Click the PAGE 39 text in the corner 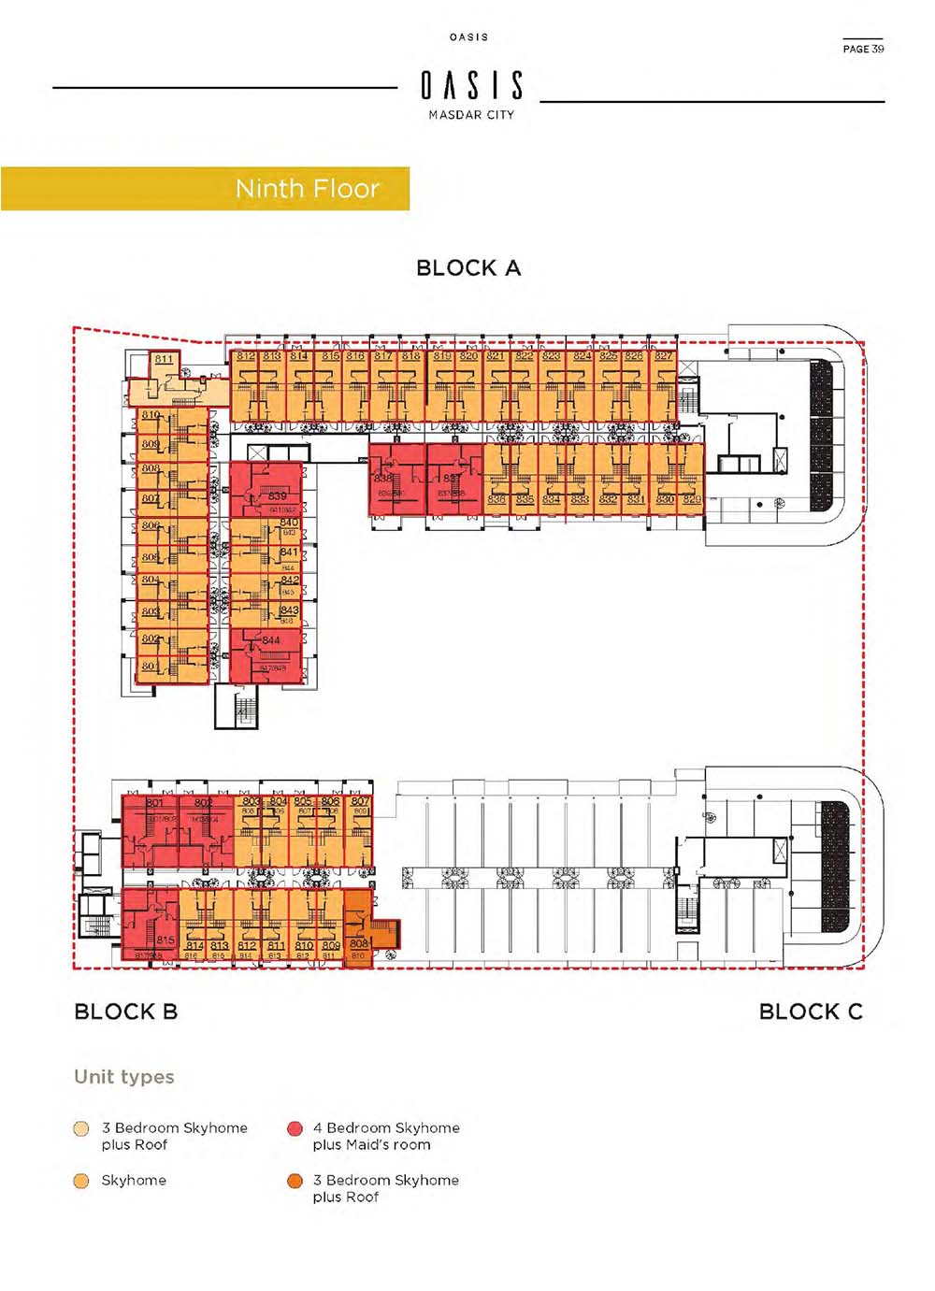(x=862, y=49)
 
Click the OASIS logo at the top (x=471, y=86)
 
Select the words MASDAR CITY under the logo (x=471, y=115)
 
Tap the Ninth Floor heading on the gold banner (x=307, y=189)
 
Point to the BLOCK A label (x=467, y=268)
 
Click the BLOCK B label (x=125, y=1011)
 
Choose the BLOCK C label (x=810, y=1011)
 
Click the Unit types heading (x=124, y=1077)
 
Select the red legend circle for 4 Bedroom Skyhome (x=295, y=1128)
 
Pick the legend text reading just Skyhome (x=134, y=1181)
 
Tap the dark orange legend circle (x=295, y=1181)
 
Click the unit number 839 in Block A (x=278, y=496)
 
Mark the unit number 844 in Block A (x=271, y=640)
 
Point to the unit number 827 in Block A (x=663, y=356)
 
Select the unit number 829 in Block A (x=691, y=499)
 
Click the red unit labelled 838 (x=384, y=479)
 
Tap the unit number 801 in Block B (x=154, y=802)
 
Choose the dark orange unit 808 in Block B (x=358, y=944)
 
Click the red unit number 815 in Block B (x=165, y=940)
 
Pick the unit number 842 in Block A (x=290, y=581)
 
